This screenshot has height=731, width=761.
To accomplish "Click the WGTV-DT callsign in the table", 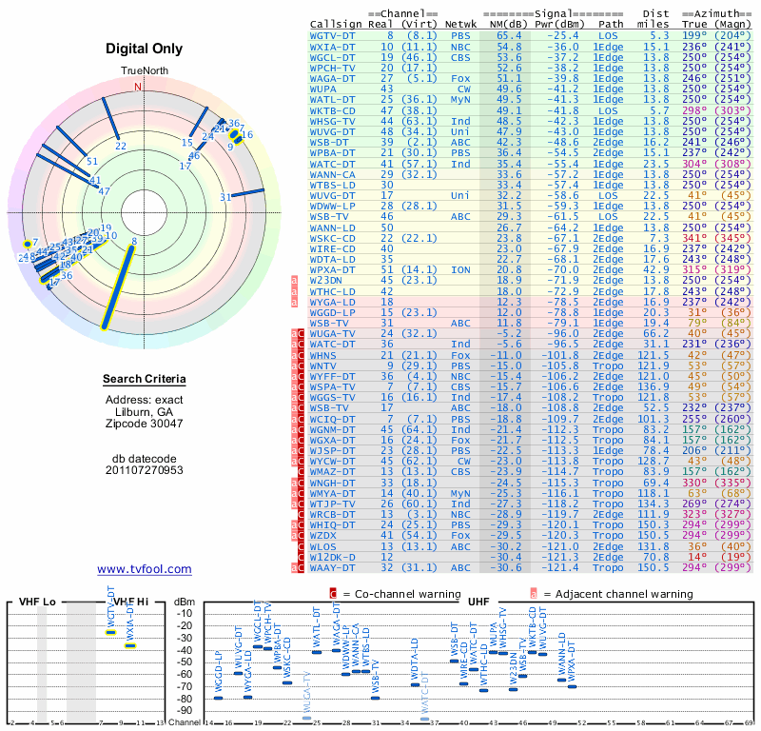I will [x=332, y=34].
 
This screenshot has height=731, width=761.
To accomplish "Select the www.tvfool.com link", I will [x=145, y=569].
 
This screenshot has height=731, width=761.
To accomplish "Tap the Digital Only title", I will [x=145, y=49].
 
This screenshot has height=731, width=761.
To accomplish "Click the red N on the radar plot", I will [x=138, y=87].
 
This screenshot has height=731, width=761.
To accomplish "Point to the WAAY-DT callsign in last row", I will [x=332, y=567].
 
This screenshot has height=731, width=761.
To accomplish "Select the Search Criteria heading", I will [x=145, y=380].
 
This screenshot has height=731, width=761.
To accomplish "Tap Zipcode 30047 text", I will [x=145, y=424].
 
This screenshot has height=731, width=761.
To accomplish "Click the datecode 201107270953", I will [x=145, y=470].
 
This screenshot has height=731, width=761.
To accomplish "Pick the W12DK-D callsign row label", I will [x=332, y=557].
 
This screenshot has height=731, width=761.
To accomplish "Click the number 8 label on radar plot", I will [x=134, y=241].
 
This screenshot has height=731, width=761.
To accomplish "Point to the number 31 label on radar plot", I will [x=225, y=197].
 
